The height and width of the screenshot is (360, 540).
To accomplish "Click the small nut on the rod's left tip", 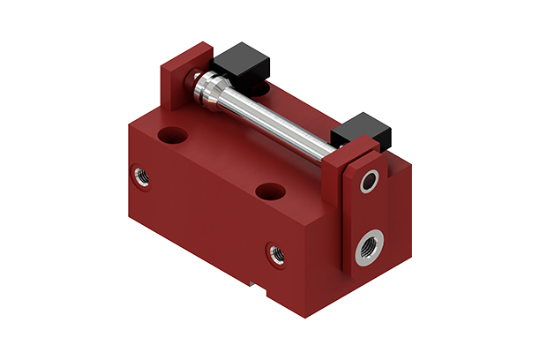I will coord(191,78).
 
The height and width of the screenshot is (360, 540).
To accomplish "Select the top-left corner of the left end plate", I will coord(161,64).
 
